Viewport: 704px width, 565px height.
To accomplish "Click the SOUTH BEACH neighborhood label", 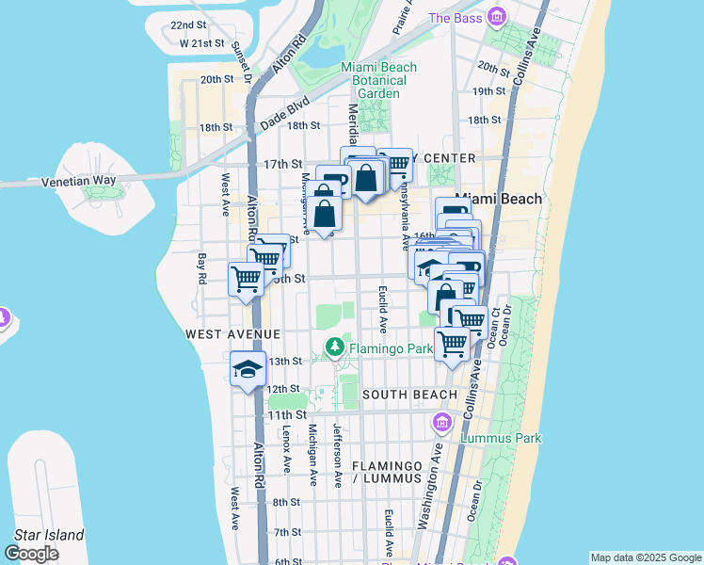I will pyautogui.click(x=409, y=394).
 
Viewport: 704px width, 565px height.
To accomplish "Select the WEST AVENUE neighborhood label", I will pyautogui.click(x=232, y=334).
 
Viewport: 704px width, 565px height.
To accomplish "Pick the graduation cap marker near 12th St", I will pyautogui.click(x=248, y=368).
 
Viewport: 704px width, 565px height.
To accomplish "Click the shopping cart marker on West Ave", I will pyautogui.click(x=246, y=279).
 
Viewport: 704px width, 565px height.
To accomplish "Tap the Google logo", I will pyautogui.click(x=32, y=553).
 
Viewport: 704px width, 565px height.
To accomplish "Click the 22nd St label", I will pyautogui.click(x=188, y=25).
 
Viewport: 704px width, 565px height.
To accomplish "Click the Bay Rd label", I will pyautogui.click(x=201, y=270).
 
